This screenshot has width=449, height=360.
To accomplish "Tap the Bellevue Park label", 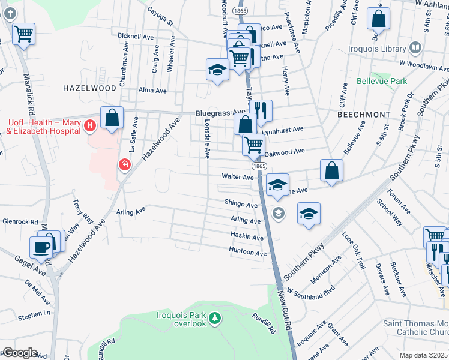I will tap(382, 81).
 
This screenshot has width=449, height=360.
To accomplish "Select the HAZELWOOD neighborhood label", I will tap(89, 88).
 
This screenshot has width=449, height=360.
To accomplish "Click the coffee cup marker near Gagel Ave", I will tap(41, 246).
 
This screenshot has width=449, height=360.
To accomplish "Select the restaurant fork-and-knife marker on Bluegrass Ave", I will tap(260, 110).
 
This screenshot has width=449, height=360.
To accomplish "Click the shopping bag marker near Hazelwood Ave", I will tap(112, 117).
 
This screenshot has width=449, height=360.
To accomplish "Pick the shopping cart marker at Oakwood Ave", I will tap(253, 144).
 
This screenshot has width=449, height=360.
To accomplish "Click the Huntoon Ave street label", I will tap(248, 253).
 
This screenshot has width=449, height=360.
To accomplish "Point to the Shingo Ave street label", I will tap(241, 205).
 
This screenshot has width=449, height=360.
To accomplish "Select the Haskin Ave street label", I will tap(247, 237).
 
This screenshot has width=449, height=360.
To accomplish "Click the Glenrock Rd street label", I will tap(20, 221).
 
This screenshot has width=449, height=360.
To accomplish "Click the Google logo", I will tap(19, 353).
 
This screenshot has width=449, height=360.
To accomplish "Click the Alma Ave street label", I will tap(152, 91).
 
